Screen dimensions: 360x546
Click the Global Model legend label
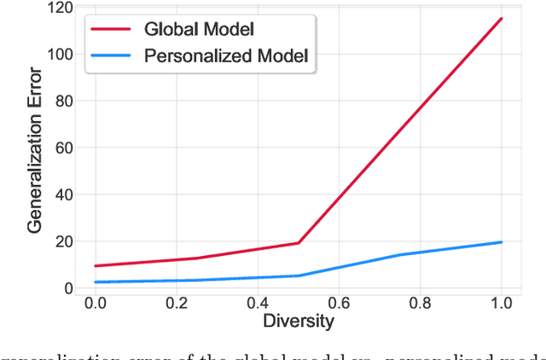(200, 28)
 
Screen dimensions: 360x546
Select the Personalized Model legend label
(226, 57)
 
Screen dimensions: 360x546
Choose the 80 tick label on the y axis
(63, 102)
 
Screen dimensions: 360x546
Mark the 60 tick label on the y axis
(63, 148)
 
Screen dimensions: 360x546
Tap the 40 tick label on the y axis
(63, 195)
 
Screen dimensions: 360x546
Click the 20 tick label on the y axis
(63, 241)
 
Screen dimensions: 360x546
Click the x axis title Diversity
(298, 322)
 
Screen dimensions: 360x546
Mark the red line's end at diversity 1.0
(502, 19)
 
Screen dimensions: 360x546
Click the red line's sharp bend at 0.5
(299, 243)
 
